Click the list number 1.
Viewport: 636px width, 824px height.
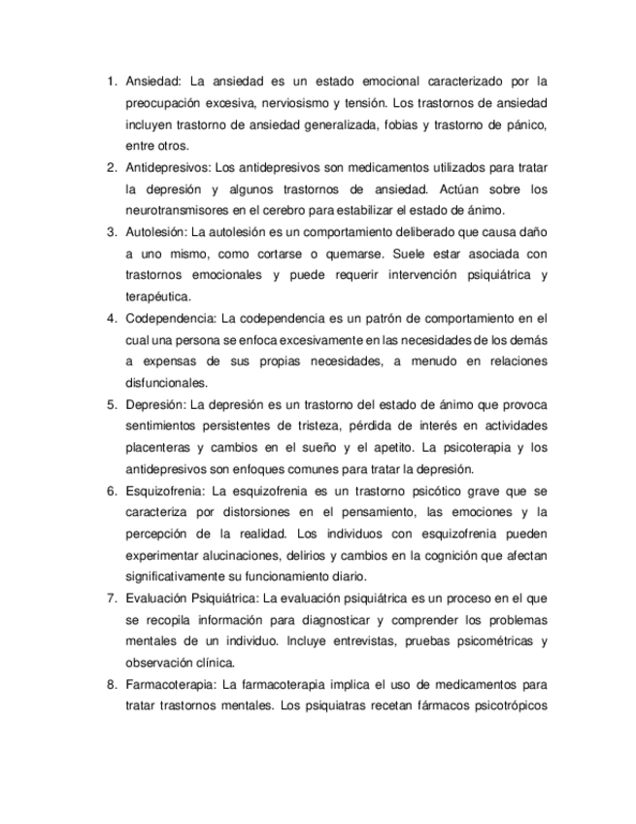tap(111, 81)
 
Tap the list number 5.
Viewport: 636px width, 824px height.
tap(111, 404)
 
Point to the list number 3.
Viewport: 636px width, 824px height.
tap(111, 232)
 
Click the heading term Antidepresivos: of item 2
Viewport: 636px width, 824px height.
tap(166, 167)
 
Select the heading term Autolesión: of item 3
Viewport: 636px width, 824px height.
tap(156, 232)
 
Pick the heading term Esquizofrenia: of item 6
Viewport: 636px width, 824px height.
tap(165, 491)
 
